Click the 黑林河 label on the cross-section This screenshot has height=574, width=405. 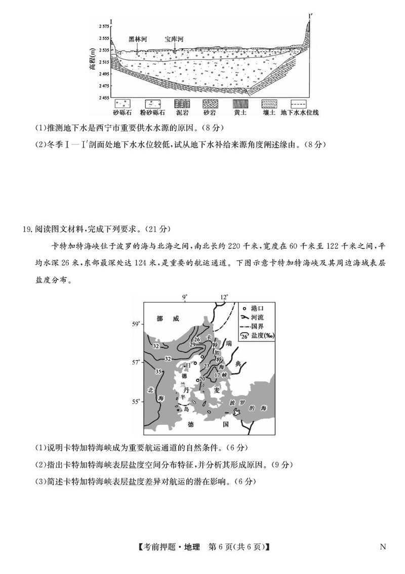click(138, 39)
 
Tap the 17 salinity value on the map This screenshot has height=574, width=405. click(217, 374)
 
